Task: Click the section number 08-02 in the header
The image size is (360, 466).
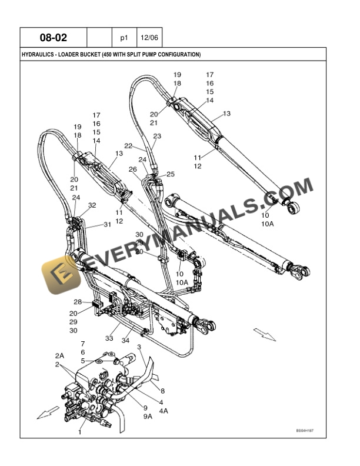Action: click(54, 38)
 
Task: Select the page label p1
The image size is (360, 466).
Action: click(124, 38)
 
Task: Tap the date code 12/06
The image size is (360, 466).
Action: click(149, 38)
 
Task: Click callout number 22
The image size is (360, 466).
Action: click(128, 145)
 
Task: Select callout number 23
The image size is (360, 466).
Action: click(156, 136)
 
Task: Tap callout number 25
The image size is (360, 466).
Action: click(171, 174)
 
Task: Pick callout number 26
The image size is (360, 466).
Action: click(133, 169)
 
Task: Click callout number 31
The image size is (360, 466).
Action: click(107, 224)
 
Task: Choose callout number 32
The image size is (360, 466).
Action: click(92, 205)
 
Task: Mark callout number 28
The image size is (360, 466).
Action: click(78, 302)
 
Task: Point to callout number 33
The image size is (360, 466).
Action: click(109, 338)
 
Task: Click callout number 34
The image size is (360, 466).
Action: click(125, 339)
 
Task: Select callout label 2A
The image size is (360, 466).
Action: click(59, 356)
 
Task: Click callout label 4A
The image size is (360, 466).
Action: click(162, 411)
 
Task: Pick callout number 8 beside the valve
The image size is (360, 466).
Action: click(162, 390)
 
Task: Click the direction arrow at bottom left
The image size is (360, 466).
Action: click(48, 412)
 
